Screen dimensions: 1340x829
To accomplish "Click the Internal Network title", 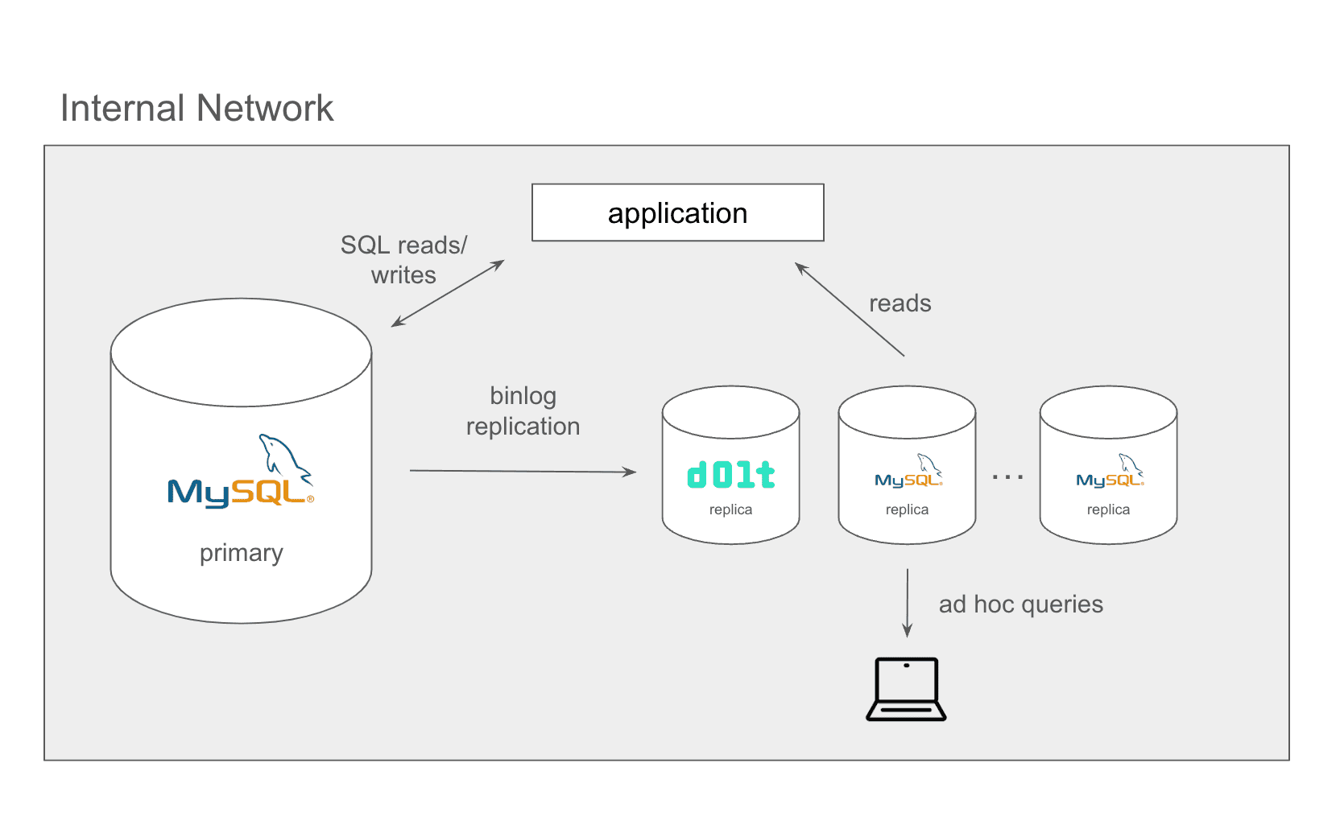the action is (196, 108).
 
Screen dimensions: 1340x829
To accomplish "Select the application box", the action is (678, 212).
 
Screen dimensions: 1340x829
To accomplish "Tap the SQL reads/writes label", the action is (403, 260).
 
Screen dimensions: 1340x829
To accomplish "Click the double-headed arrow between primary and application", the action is (448, 293).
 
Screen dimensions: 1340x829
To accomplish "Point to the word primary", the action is (241, 553).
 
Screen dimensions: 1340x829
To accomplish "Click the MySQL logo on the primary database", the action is (241, 472).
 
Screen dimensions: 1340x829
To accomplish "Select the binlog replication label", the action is (523, 411).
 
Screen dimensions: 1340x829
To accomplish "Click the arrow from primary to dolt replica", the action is (523, 472).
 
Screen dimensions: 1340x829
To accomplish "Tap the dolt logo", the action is (731, 475).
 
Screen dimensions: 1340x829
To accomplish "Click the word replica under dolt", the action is (730, 509).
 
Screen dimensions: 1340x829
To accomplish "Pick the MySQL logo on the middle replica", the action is (908, 471).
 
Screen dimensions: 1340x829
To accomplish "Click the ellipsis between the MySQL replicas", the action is (1008, 477).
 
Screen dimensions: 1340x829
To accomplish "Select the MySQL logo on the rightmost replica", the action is (1110, 471).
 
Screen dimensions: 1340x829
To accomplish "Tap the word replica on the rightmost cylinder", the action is (1109, 509).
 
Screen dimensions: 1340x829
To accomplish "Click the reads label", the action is (900, 303).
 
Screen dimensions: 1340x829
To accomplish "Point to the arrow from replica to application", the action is (850, 309).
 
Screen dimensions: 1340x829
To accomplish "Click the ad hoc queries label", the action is (1020, 604).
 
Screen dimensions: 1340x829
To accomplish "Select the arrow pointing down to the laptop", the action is (908, 603).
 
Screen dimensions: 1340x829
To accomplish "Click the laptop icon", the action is (906, 689).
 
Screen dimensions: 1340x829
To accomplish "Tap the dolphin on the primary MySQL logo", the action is (285, 458).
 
